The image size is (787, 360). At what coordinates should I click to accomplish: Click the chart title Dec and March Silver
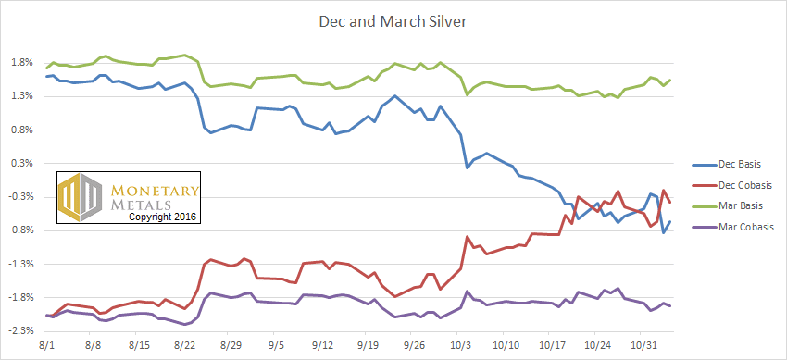point(393,22)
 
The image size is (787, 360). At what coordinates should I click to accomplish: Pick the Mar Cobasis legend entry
point(731,227)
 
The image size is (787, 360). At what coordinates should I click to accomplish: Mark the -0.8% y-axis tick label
point(21,230)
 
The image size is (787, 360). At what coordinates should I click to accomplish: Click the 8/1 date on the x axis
point(44,346)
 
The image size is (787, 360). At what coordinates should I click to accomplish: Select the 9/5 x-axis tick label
point(273,346)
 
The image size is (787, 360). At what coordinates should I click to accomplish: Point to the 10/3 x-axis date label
point(457,346)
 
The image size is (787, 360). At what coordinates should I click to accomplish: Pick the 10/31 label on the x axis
point(641,346)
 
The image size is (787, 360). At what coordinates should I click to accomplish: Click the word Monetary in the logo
point(154,191)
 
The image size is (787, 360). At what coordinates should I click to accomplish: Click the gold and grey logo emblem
point(81,197)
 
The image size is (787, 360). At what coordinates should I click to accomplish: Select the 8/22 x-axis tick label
point(181,346)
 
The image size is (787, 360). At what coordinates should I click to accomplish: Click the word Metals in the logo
point(140,205)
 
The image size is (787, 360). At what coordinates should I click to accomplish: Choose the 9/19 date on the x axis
point(366,346)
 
